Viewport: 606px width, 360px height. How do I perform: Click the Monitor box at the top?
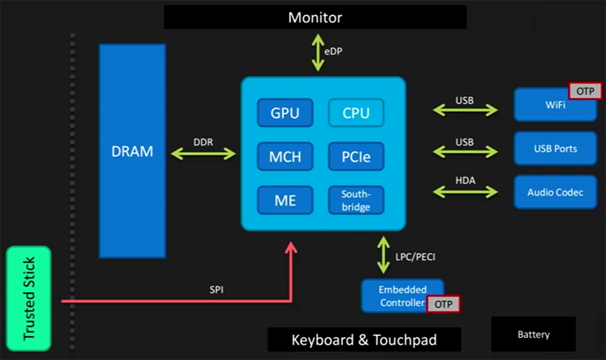pyautogui.click(x=315, y=17)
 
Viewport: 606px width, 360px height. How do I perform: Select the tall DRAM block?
pyautogui.click(x=132, y=150)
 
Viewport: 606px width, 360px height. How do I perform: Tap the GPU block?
pyautogui.click(x=285, y=114)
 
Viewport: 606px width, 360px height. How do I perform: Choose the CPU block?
pyautogui.click(x=356, y=114)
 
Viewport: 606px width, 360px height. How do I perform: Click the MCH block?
pyautogui.click(x=285, y=157)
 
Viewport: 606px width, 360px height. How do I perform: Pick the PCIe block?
pyautogui.click(x=356, y=157)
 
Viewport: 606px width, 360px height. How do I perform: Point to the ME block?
pyautogui.click(x=285, y=200)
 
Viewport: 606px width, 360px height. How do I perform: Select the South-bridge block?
pyautogui.click(x=356, y=200)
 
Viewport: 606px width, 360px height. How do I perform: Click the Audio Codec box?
pyautogui.click(x=555, y=193)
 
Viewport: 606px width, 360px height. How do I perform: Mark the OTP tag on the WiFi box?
pyautogui.click(x=584, y=91)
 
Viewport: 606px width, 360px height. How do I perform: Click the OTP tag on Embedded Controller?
pyautogui.click(x=443, y=304)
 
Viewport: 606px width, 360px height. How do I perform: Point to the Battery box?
pyautogui.click(x=534, y=334)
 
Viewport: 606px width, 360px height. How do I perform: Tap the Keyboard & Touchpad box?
pyautogui.click(x=364, y=340)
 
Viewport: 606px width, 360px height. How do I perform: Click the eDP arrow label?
pyautogui.click(x=334, y=52)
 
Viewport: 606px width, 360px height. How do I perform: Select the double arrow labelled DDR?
pyautogui.click(x=204, y=153)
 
